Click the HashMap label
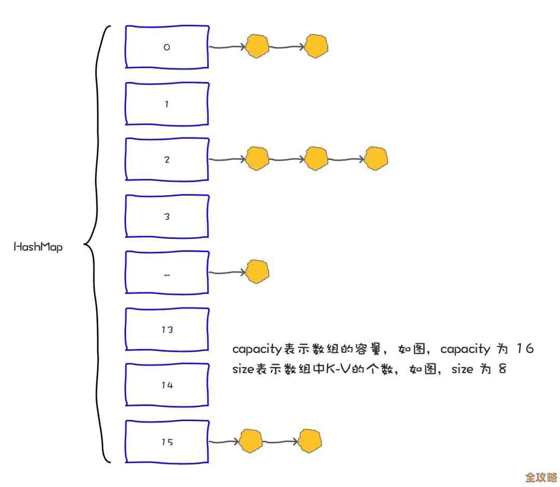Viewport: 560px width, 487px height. [38, 247]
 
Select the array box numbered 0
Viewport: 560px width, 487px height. [166, 47]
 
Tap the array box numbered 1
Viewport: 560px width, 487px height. [166, 104]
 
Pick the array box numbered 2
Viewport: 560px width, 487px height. [166, 159]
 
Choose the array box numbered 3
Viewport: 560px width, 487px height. [166, 217]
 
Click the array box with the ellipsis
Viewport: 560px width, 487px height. [166, 273]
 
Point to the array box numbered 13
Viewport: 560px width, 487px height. [166, 330]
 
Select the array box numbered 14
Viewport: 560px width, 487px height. [166, 385]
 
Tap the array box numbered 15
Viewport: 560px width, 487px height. [166, 442]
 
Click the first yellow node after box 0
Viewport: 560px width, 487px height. [257, 47]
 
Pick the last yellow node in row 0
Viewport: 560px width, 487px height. [316, 47]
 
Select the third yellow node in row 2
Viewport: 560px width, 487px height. [375, 159]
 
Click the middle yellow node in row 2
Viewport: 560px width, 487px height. [316, 159]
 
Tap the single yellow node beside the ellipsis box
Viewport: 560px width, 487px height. [257, 272]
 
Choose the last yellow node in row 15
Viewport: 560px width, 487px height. [310, 441]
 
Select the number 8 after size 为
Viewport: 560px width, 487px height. [501, 369]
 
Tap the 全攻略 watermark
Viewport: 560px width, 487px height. [541, 477]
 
